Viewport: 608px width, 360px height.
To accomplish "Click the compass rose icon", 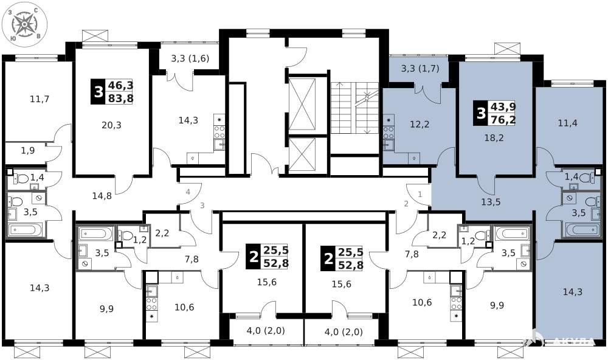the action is (24, 24).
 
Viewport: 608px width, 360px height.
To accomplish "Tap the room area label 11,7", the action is (40, 99).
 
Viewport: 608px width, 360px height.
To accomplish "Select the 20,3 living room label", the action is (112, 125).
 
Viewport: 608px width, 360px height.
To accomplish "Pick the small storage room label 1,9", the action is (28, 151).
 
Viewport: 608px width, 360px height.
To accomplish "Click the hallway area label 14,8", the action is (102, 196).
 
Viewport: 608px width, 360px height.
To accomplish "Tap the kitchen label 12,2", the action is (420, 125).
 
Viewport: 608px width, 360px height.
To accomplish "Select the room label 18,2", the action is (494, 137).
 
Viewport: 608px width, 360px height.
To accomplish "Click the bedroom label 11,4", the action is (568, 123).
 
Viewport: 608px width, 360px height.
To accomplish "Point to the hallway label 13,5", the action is (491, 202).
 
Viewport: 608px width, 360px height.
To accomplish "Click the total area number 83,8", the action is (120, 98).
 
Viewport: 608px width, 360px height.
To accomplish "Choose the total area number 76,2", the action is (503, 120).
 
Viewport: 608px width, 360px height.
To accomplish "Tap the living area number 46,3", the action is (120, 85).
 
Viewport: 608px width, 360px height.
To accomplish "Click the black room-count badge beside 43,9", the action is (481, 113).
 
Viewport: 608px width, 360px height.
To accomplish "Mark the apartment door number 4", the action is (188, 192).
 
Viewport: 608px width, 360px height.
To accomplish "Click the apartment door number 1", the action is (420, 194).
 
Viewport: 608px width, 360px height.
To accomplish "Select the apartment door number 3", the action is (202, 205).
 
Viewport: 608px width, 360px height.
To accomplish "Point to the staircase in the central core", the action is (354, 108).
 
